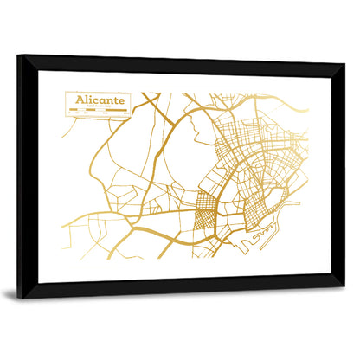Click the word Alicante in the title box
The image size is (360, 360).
[x=99, y=101]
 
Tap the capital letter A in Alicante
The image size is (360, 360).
[x=80, y=101]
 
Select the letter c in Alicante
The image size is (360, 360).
[x=95, y=102]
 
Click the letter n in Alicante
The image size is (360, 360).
[x=107, y=102]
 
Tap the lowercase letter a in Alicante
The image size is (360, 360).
[x=101, y=102]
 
